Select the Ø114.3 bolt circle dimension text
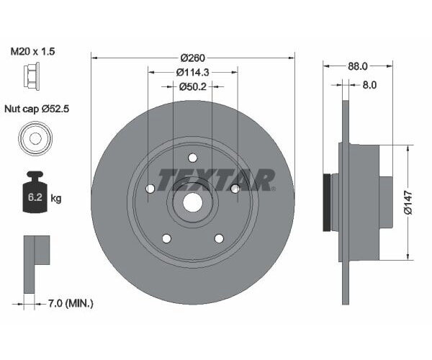[x=192, y=72]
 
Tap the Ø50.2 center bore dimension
[x=192, y=86]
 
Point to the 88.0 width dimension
[x=357, y=66]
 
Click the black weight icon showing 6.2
[x=33, y=192]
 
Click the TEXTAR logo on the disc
[x=215, y=180]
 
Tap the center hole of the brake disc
[x=192, y=202]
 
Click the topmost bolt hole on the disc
[x=192, y=158]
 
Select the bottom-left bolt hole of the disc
[x=166, y=238]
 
